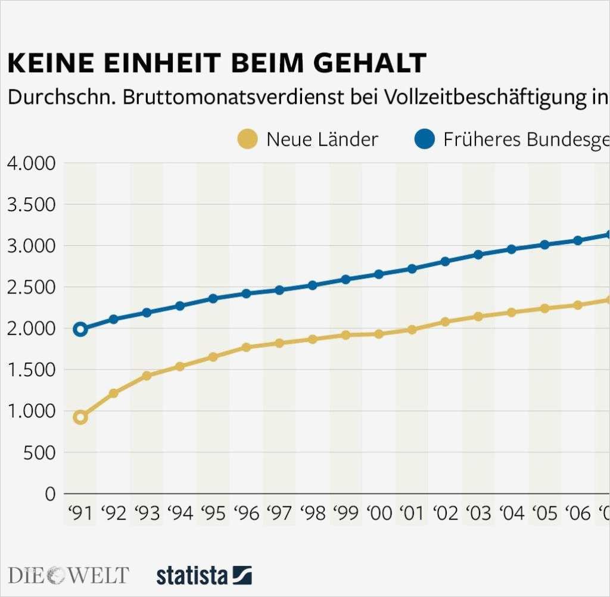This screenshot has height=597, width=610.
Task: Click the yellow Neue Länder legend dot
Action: point(248,139)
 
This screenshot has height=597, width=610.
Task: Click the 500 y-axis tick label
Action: point(41,453)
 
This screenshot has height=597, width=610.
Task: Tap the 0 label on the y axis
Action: point(50,494)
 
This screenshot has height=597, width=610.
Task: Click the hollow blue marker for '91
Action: point(80,329)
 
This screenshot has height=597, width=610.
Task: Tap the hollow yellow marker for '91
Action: point(80,417)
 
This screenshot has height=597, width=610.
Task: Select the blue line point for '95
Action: point(213,298)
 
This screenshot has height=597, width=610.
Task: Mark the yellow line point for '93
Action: point(147,376)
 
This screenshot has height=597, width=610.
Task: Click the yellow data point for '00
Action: point(379,334)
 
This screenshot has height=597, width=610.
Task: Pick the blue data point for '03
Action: point(478,255)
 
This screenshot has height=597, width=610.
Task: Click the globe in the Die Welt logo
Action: point(57,576)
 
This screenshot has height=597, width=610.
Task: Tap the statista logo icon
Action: point(242,576)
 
